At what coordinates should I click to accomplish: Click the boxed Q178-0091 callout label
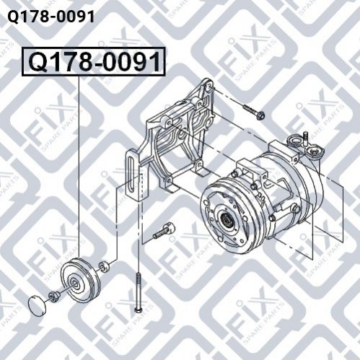coord(94,61)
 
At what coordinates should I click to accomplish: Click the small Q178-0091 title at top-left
coord(51,17)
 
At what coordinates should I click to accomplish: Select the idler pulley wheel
coord(80,280)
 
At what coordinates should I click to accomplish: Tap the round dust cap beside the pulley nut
coord(37,305)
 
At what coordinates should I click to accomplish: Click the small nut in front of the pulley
coord(53,297)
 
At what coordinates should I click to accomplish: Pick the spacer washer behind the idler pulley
coord(104,266)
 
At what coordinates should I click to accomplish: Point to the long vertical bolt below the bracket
coord(139,292)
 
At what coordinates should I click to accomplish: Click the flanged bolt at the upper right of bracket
coord(254,112)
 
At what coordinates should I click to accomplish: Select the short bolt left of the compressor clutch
coord(164,230)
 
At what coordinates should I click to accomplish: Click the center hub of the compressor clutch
coord(226,219)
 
